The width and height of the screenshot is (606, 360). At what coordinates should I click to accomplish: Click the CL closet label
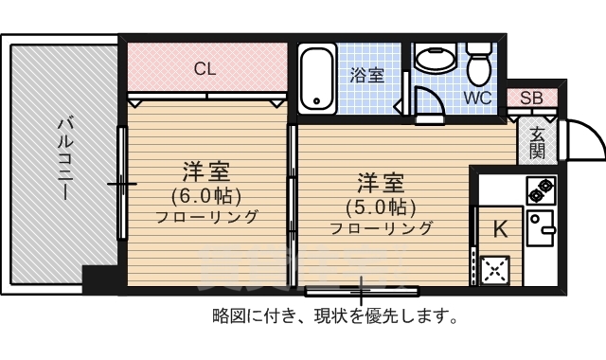click(205, 69)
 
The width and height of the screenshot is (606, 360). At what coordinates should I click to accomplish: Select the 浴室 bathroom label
click(366, 76)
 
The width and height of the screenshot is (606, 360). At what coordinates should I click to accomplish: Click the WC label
click(478, 98)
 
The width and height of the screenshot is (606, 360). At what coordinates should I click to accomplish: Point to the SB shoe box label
click(531, 99)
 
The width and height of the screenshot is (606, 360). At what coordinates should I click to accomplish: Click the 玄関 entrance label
click(537, 142)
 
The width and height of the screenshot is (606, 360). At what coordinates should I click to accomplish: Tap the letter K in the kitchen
click(500, 227)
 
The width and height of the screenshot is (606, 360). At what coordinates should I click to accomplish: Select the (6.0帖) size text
click(206, 196)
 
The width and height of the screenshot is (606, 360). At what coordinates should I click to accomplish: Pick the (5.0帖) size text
click(381, 207)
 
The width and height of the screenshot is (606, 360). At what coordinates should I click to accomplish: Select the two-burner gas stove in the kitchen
click(541, 190)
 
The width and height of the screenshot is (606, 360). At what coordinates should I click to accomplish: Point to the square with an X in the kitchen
click(494, 271)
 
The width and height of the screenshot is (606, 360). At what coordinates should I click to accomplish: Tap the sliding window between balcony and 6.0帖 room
click(122, 183)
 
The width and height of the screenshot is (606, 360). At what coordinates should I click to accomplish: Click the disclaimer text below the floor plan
click(335, 315)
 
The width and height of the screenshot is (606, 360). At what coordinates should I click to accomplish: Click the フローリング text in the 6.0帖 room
click(206, 217)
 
